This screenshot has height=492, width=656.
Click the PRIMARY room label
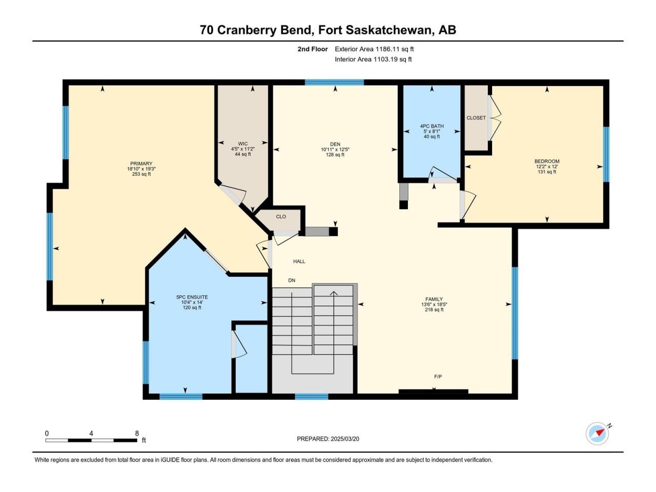click(x=141, y=163)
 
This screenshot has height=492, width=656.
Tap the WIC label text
click(x=243, y=143)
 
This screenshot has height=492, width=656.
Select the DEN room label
click(x=335, y=145)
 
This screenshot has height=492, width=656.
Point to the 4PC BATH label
click(x=432, y=126)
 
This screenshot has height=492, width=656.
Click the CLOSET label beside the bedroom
click(x=476, y=118)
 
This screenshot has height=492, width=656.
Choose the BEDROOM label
click(x=547, y=161)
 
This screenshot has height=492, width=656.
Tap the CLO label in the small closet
click(x=281, y=217)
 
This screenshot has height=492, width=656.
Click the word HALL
click(x=299, y=261)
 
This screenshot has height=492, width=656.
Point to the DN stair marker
click(x=292, y=280)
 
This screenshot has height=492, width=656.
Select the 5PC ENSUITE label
click(x=192, y=297)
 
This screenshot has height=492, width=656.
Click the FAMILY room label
click(x=434, y=299)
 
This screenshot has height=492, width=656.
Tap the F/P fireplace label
click(x=438, y=377)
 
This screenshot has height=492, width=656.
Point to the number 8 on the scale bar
click(x=137, y=433)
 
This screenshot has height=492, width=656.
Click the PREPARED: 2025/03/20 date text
click(x=328, y=439)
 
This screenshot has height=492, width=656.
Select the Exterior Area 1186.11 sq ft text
click(x=374, y=49)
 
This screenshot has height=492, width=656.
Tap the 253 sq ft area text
click(x=141, y=174)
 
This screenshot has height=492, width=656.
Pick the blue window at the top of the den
click(x=334, y=83)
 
